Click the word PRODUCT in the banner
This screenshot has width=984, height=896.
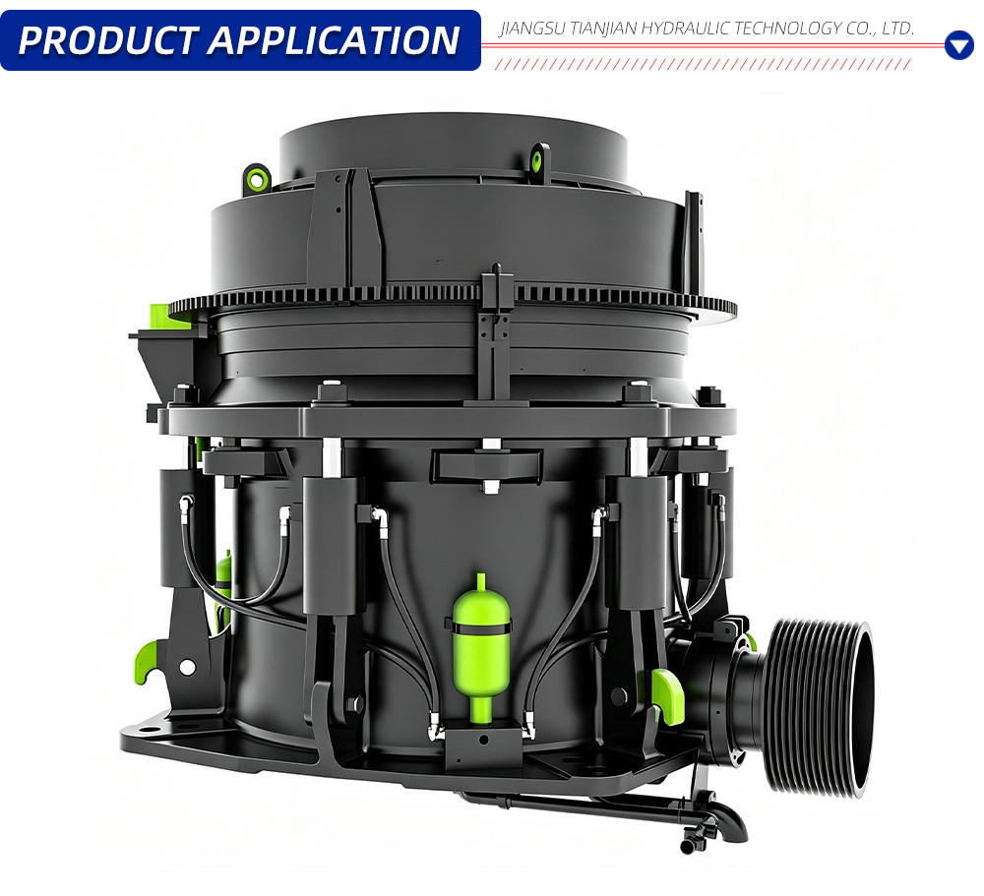(108, 40)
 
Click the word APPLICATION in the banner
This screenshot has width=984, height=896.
(335, 40)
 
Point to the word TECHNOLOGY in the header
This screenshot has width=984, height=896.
(787, 29)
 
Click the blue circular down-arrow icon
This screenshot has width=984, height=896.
(958, 45)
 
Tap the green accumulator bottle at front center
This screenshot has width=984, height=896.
(481, 647)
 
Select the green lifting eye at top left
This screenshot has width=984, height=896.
(257, 177)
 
